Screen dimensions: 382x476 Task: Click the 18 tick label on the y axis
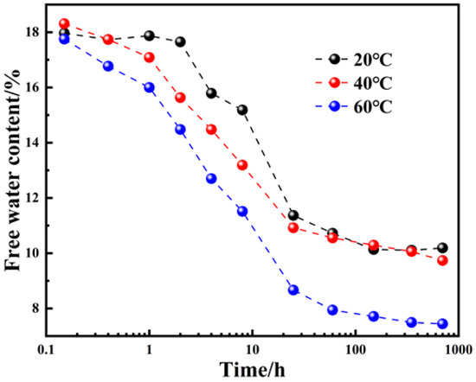[x=34, y=32]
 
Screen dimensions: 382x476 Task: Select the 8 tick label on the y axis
[x=37, y=309]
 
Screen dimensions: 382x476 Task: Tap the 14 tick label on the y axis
[x=34, y=143]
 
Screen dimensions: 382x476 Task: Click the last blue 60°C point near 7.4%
[x=442, y=324]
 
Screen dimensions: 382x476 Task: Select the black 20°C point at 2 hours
[x=181, y=41]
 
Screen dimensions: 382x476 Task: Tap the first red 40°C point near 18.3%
[x=64, y=23]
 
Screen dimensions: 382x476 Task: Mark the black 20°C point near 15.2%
[x=242, y=110]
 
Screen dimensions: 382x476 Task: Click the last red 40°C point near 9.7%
[x=442, y=260]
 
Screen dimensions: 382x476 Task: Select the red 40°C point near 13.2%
[x=242, y=165]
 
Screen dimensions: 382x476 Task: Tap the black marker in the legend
[x=334, y=60]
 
